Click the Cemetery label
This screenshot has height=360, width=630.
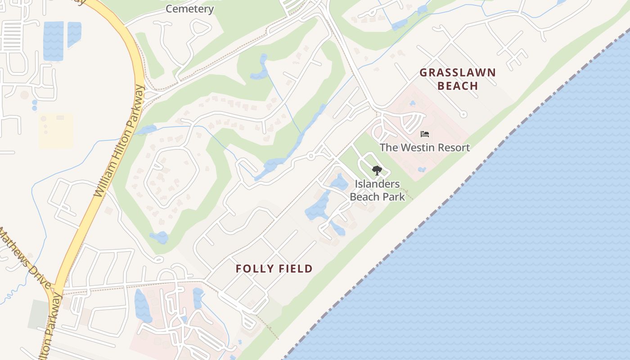189,9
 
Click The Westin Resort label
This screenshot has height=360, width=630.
424,147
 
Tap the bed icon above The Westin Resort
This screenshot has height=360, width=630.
424,134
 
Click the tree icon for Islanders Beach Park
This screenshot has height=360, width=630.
377,171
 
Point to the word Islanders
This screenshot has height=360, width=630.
377,184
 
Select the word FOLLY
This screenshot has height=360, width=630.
253,269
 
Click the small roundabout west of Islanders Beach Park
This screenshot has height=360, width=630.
310,156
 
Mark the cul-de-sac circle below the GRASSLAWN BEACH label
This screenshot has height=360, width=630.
463,114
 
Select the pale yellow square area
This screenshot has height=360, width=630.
56,131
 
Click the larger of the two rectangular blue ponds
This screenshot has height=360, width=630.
53,40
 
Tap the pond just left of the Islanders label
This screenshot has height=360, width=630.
339,182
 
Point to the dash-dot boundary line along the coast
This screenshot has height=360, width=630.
450,198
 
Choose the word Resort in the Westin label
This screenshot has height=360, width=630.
453,147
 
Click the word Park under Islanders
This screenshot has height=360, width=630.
395,197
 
